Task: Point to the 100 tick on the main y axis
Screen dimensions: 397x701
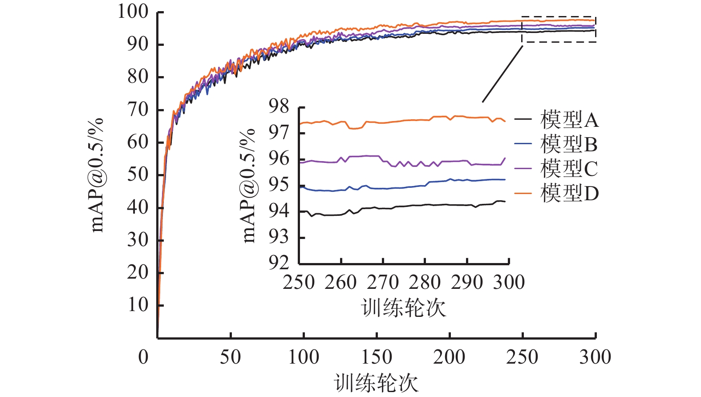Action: pos(133,12)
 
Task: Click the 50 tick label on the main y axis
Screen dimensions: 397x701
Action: pos(138,174)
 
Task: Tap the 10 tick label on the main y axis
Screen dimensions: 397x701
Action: pos(138,305)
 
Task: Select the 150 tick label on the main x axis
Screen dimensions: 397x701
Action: pos(377,357)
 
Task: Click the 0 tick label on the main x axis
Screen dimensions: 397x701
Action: pos(143,357)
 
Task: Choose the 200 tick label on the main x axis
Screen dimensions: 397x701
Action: pos(450,357)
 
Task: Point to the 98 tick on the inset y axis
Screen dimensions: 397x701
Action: pos(279,107)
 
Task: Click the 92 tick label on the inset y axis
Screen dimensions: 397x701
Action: pos(279,263)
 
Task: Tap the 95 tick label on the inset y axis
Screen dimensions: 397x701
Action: pos(279,185)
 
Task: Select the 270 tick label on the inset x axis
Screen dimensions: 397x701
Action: pos(383,283)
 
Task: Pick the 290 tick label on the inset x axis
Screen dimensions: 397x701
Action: pos(467,283)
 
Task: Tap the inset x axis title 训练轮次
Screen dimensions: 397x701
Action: pos(404,308)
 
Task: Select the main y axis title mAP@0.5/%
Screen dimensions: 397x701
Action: pos(97,175)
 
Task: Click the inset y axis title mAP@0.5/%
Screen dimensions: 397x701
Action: pos(249,186)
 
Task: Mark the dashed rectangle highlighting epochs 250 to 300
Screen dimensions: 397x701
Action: pos(559,30)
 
